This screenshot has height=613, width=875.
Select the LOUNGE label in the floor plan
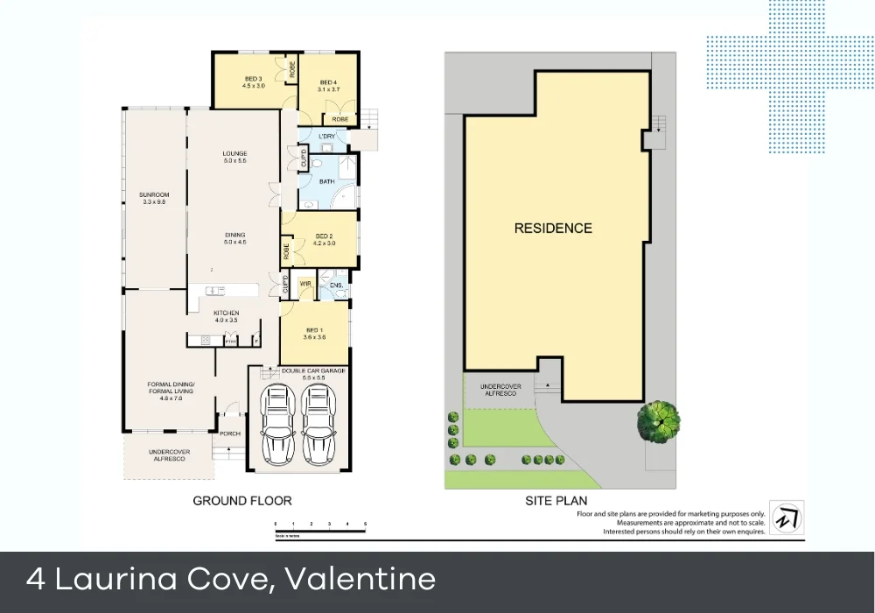pos(235,154)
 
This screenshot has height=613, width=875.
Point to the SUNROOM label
pos(153,194)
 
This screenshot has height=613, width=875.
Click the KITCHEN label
pos(226,314)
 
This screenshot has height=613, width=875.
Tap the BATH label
pos(327,182)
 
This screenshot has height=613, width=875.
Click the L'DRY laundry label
pos(327,137)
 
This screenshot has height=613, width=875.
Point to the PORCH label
pos(229,433)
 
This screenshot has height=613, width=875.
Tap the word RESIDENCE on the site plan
pos(552,229)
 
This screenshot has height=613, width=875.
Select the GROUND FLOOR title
pos(241,501)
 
